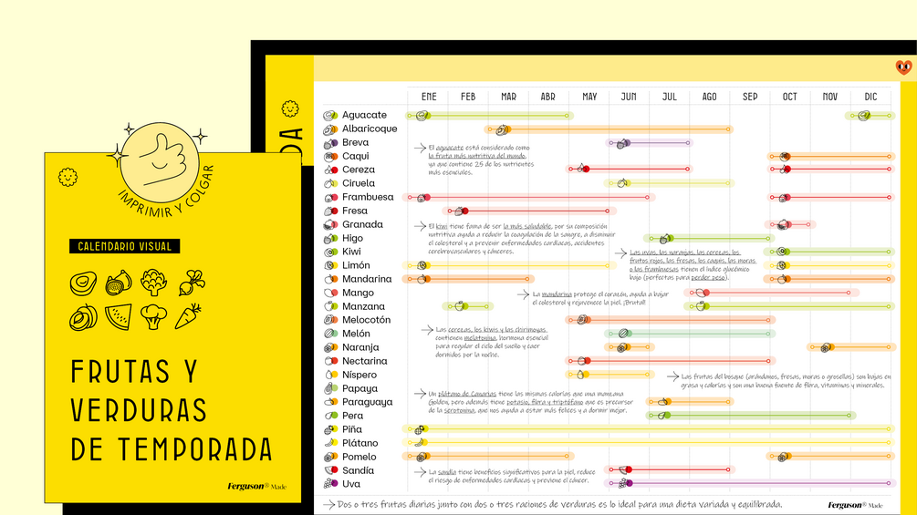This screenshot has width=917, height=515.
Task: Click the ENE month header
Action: click(x=429, y=97)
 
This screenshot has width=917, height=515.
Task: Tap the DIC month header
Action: click(x=870, y=97)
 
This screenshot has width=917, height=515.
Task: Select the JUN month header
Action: click(x=629, y=97)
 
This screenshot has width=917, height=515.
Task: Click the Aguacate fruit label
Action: click(x=364, y=116)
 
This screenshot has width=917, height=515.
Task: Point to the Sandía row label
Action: click(x=358, y=470)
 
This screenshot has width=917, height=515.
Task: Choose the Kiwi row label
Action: click(x=351, y=252)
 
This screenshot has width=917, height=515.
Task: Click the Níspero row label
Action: click(x=359, y=375)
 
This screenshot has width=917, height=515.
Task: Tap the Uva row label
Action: click(x=351, y=484)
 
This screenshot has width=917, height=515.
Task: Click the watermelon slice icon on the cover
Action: click(x=118, y=316)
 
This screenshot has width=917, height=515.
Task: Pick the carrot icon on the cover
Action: click(x=187, y=316)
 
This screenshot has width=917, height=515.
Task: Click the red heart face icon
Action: click(x=903, y=67)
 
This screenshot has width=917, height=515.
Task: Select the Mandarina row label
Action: click(x=367, y=279)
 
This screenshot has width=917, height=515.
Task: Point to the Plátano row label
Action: click(x=360, y=443)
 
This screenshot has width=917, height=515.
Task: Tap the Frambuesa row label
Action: click(x=368, y=197)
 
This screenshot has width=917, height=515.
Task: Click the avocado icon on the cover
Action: click(x=83, y=283)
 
